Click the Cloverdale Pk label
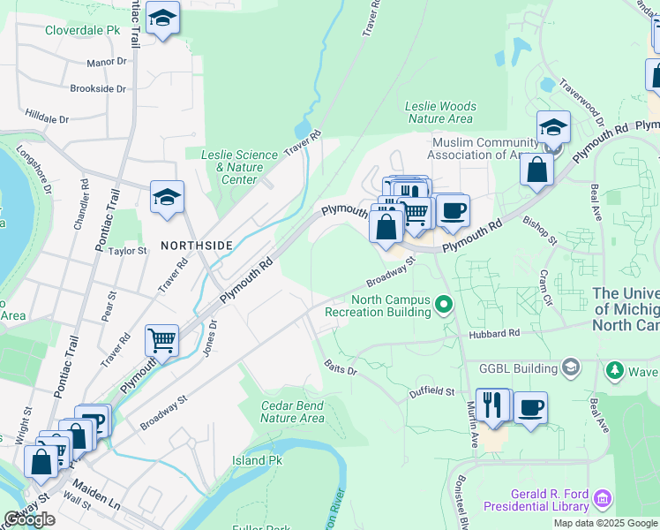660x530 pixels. [82, 29]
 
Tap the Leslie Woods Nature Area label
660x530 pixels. [439, 112]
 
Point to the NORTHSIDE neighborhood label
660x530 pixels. [196, 244]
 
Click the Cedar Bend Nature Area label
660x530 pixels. [292, 412]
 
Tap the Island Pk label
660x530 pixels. [257, 460]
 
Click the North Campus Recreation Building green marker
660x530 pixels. [445, 306]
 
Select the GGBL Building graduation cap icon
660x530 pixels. [571, 367]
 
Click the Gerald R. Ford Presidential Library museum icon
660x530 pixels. [604, 499]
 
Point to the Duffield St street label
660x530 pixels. [431, 390]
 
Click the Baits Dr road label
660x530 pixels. [340, 367]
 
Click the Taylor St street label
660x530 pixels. [127, 251]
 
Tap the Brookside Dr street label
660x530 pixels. [98, 88]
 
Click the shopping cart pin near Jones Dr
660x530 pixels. [161, 339]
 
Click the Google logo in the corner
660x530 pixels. [29, 519]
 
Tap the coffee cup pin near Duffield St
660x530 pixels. [530, 407]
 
